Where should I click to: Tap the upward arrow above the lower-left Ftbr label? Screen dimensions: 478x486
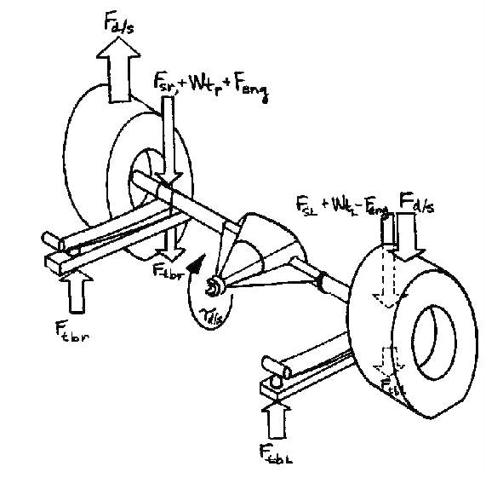click(75, 291)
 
